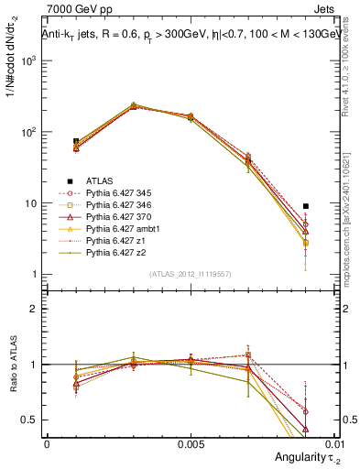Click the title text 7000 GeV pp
tap(75, 11)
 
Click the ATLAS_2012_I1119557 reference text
tap(191, 274)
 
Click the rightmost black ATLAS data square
tap(306, 206)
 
